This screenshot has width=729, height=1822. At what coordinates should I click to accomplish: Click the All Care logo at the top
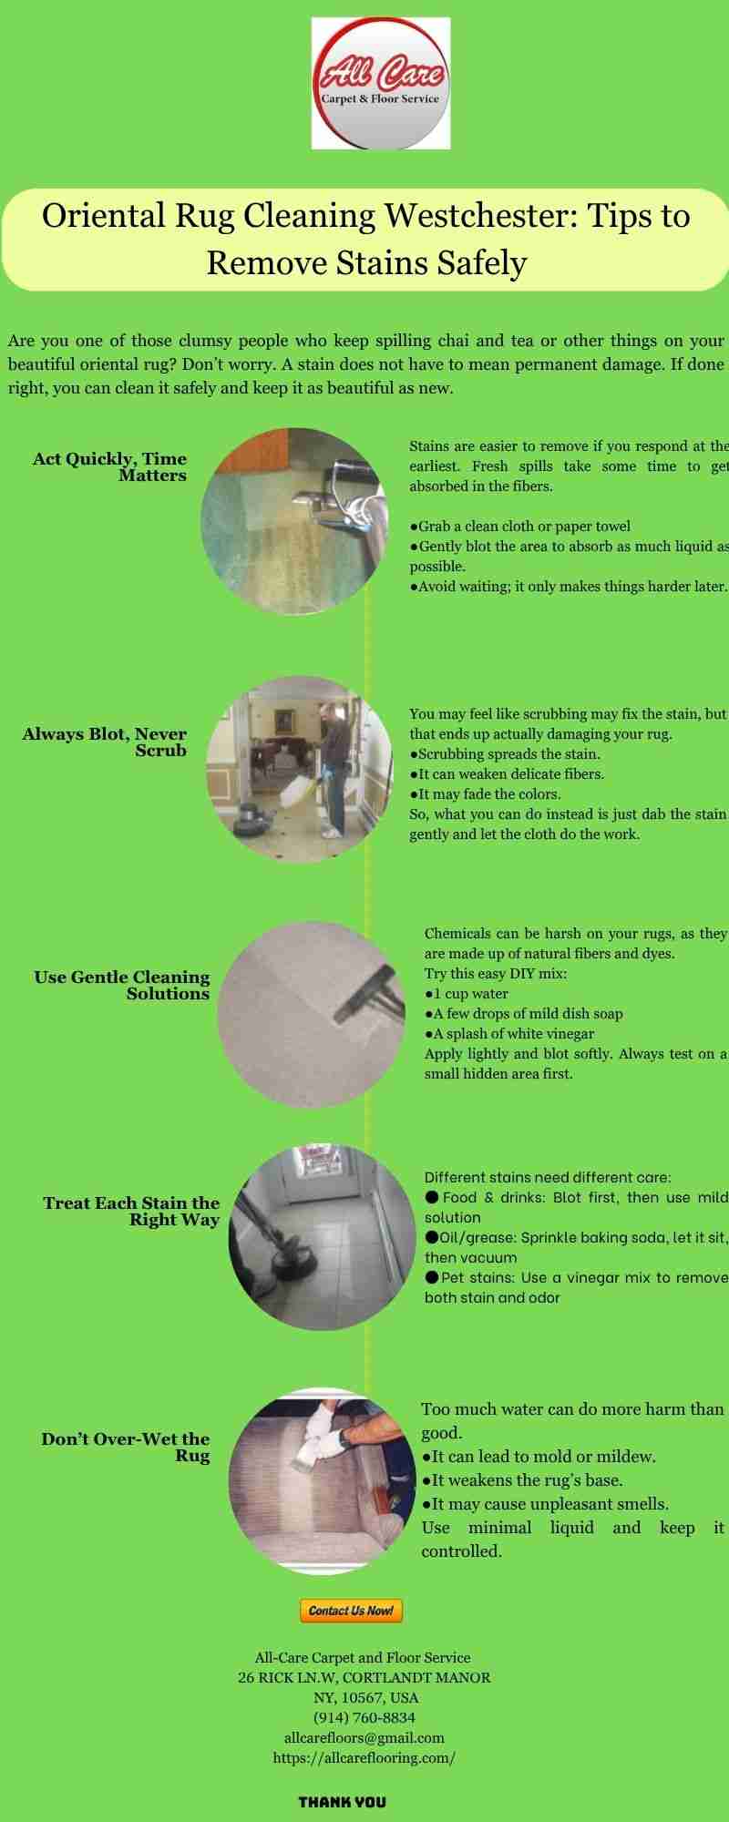click(x=381, y=82)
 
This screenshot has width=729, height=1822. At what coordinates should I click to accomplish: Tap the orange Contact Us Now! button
click(x=351, y=1611)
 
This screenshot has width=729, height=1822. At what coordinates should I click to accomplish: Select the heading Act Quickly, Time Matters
click(x=109, y=467)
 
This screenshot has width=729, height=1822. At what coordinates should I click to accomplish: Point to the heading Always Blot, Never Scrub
click(x=104, y=742)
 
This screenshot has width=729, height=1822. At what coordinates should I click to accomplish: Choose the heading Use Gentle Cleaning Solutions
click(x=122, y=986)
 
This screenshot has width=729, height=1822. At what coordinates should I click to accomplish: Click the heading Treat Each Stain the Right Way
click(x=131, y=1212)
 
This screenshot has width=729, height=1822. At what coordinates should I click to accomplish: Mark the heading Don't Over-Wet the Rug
click(x=125, y=1448)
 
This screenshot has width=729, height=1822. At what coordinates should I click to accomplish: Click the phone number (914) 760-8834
click(x=364, y=1718)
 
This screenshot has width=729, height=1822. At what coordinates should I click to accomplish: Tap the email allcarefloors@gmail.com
click(x=364, y=1738)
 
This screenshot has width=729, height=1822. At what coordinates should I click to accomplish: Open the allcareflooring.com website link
click(x=364, y=1758)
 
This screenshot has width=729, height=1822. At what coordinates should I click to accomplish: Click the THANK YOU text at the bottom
click(x=343, y=1802)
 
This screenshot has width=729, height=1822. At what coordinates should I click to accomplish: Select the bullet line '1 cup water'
click(x=467, y=994)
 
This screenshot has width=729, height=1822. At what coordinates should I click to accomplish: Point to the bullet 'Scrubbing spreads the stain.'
click(x=505, y=754)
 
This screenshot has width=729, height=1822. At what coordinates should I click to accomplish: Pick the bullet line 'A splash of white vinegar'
click(x=509, y=1034)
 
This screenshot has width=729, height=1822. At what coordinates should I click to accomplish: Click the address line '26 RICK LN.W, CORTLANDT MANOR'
click(x=364, y=1678)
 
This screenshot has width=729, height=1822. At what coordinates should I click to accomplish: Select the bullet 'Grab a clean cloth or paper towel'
click(x=519, y=527)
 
